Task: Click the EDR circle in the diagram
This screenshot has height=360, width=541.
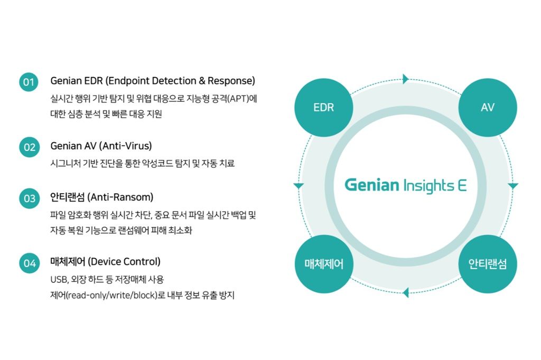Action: [323, 107]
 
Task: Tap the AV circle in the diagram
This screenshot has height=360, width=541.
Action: [487, 107]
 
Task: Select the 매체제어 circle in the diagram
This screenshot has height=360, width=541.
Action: [323, 263]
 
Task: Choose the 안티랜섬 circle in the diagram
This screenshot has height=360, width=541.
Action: [487, 263]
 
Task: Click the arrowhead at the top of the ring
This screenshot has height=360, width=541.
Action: [405, 79]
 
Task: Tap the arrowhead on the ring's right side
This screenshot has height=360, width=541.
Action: [513, 186]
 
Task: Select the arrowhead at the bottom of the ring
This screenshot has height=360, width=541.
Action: [405, 292]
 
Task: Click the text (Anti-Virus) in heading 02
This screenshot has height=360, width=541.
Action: [125, 145]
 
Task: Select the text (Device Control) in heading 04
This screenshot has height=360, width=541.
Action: [124, 261]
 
